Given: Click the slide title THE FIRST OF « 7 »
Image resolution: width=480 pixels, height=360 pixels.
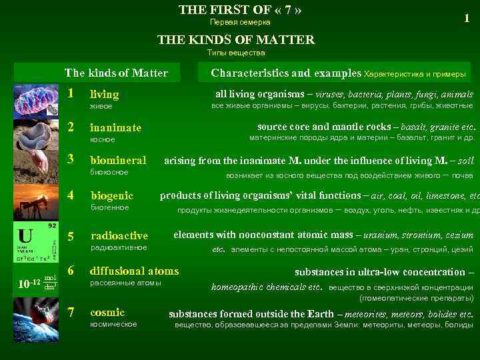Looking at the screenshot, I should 240,10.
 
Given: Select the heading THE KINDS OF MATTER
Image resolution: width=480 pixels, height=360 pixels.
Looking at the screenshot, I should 236,40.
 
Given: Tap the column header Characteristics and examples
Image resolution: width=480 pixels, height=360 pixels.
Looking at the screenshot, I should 286,73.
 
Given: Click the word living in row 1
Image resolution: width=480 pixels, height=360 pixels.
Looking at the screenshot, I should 104,95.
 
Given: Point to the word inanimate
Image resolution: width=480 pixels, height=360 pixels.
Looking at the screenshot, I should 115,127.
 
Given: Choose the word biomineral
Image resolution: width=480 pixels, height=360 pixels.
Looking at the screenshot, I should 118,161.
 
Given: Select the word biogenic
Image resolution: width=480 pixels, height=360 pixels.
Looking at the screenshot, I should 111,195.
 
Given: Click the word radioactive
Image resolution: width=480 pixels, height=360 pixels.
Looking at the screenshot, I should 119,236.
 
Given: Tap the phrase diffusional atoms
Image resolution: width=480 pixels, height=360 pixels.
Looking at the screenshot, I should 134,271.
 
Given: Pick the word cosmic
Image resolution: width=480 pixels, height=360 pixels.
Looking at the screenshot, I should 107,312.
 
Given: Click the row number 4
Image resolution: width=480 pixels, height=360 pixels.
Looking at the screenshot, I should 72,195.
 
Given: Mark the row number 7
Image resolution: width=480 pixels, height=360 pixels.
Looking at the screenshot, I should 72,312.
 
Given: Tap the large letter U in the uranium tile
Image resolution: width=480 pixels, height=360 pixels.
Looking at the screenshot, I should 25,236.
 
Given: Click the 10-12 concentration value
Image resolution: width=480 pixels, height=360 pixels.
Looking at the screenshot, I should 26,283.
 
